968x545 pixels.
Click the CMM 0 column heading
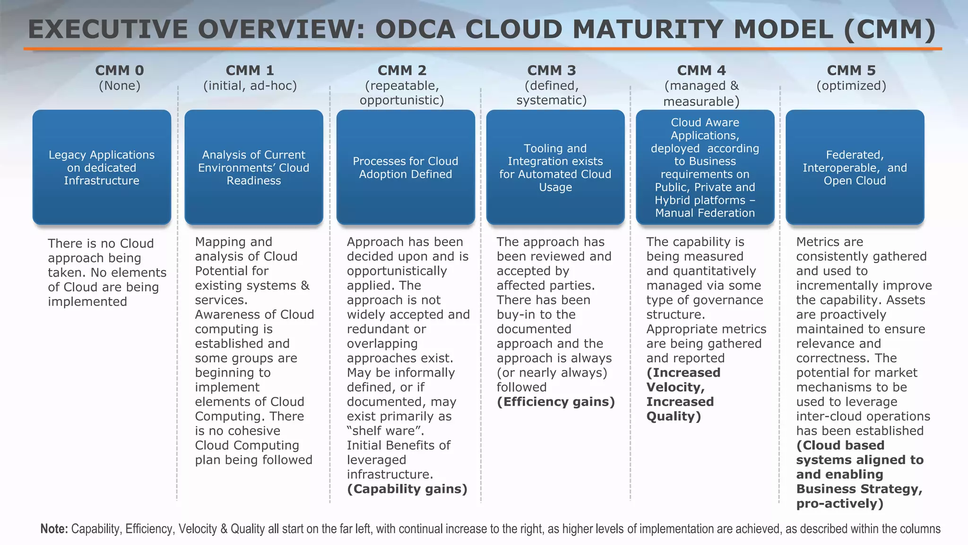[119, 70]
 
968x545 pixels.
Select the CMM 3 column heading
[552, 70]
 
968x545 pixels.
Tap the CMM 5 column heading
[851, 70]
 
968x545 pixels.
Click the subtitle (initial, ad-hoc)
[250, 86]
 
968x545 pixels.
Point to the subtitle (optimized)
[851, 86]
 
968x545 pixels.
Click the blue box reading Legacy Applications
[102, 167]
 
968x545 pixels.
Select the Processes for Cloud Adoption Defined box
[406, 167]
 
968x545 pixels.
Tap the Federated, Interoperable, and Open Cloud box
[855, 167]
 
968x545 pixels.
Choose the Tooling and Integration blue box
[555, 167]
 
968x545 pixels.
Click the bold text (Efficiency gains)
[556, 402]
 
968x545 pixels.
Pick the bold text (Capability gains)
[407, 489]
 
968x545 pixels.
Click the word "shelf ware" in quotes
[385, 431]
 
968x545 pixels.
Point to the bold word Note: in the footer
[54, 529]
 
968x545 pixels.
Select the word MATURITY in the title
[649, 29]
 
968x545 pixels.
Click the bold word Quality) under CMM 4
[674, 416]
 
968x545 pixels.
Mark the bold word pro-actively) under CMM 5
[839, 503]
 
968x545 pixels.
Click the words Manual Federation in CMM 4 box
[705, 213]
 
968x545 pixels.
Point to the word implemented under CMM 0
[87, 302]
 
